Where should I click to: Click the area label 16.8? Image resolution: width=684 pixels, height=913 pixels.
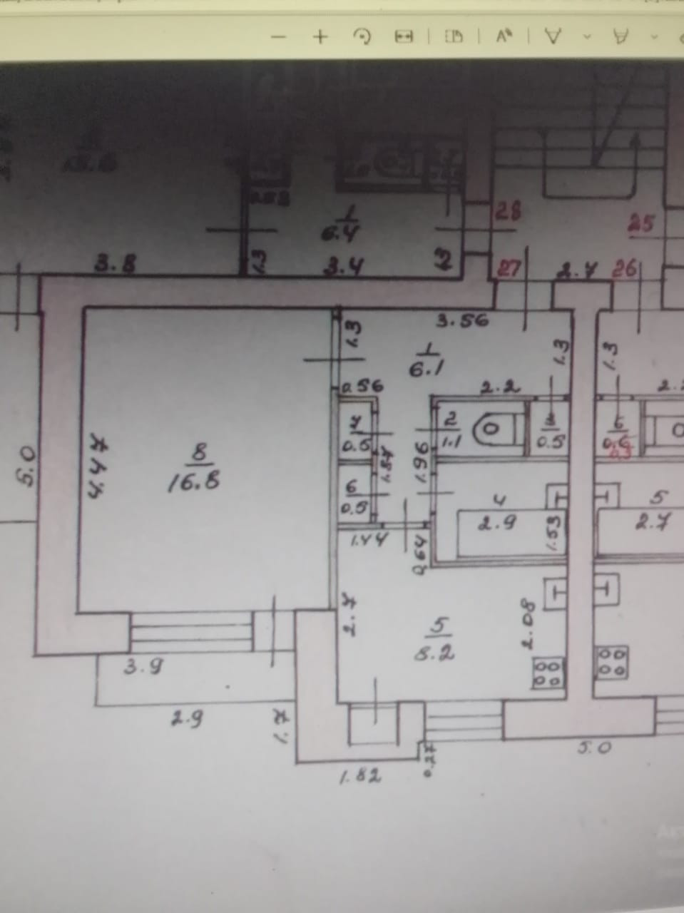coord(193,482)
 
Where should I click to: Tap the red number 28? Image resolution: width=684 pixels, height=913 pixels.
coord(507,212)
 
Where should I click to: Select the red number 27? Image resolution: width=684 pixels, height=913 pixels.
coord(509,270)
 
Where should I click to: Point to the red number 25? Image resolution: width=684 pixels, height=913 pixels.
coord(640,224)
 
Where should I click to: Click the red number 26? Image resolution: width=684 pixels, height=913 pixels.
coord(625,270)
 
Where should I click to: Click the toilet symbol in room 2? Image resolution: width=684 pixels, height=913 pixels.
coord(491,428)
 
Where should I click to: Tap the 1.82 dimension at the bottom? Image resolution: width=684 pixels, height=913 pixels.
coord(359,776)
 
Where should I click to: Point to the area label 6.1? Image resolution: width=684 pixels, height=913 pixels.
coord(428,369)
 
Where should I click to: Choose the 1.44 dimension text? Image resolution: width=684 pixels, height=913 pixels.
coord(369,540)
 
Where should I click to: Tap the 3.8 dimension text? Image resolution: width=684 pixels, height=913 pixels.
coord(116,265)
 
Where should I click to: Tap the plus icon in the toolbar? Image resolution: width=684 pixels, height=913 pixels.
coord(321,37)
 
